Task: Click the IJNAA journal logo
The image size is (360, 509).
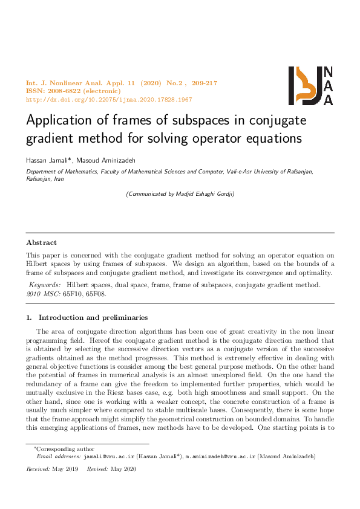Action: (311, 85)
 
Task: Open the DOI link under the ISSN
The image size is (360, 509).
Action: (109, 100)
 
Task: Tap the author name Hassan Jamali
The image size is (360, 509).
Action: (48, 160)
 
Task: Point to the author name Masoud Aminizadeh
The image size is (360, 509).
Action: (99, 160)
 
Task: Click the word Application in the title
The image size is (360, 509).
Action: (59, 120)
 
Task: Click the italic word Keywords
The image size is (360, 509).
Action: (45, 284)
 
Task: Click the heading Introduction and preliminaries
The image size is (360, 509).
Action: (93, 317)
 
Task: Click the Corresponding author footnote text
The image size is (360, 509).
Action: (61, 467)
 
